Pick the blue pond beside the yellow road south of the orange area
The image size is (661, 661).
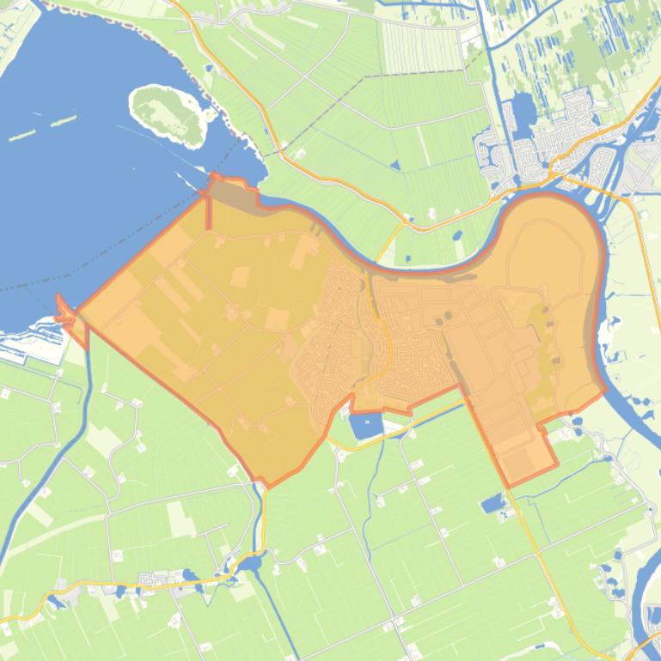point(493,503)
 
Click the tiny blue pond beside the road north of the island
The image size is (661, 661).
point(209,69)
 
